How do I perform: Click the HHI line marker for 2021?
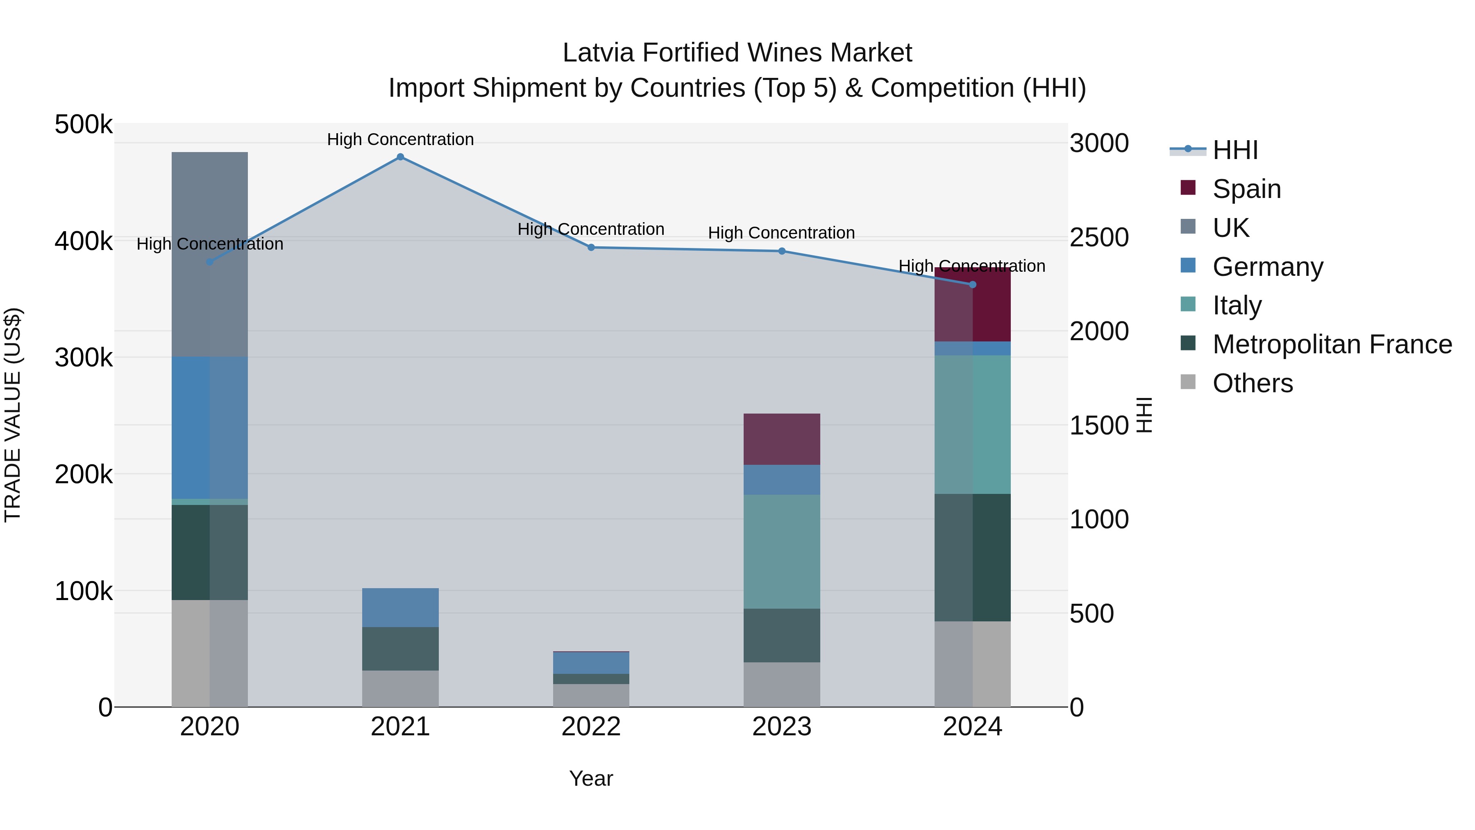point(400,157)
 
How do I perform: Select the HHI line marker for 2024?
point(972,285)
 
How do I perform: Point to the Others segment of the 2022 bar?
point(591,696)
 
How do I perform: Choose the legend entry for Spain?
point(1246,189)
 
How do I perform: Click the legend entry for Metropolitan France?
point(1332,344)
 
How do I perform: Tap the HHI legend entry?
point(1235,150)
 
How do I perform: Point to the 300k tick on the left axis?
point(84,358)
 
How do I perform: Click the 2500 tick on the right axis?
point(1099,237)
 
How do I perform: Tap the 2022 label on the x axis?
point(591,727)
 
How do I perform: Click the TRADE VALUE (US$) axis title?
point(13,415)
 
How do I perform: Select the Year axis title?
point(591,778)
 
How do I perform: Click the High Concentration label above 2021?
point(400,139)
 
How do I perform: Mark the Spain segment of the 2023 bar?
point(782,439)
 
